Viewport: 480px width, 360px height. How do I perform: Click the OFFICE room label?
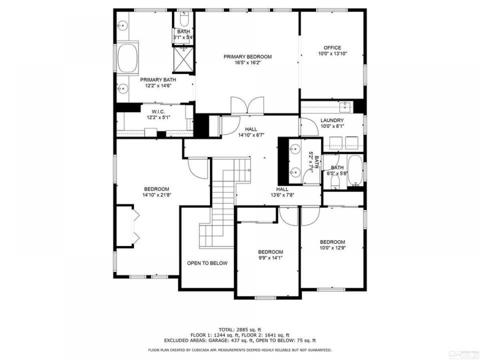click(332, 48)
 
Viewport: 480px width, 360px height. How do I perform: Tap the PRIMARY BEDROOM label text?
click(248, 57)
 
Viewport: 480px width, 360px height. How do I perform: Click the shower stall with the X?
click(184, 60)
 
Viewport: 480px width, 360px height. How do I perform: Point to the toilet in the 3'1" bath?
click(184, 19)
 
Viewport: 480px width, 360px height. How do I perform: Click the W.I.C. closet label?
click(158, 112)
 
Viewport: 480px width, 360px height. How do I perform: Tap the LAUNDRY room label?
click(332, 120)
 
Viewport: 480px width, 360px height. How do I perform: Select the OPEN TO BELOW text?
click(207, 263)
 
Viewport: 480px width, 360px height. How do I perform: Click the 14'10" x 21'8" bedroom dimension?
click(156, 195)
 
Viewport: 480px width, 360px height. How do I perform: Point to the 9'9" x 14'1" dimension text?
click(270, 258)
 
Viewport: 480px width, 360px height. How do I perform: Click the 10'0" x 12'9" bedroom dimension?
click(332, 248)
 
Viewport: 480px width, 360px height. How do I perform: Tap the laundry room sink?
click(345, 106)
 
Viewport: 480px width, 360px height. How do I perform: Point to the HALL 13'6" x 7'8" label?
click(282, 192)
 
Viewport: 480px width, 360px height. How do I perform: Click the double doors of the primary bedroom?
click(247, 106)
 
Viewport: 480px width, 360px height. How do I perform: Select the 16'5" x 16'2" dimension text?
click(248, 63)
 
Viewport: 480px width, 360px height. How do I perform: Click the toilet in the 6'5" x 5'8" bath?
click(335, 182)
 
